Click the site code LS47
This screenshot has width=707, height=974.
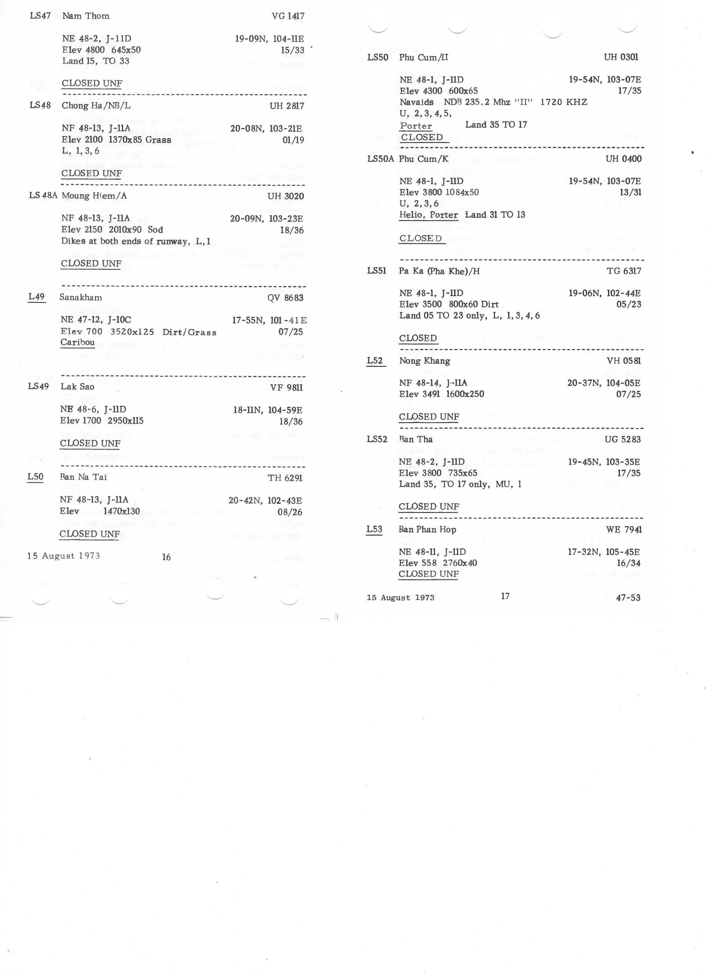coord(40,16)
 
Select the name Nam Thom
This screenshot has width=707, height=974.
coord(86,16)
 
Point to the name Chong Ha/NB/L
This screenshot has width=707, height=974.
coord(96,106)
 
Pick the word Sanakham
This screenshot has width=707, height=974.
coord(81,297)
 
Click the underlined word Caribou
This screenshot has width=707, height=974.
coord(77,342)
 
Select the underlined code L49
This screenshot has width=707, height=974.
coord(37,297)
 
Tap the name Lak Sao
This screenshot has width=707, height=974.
coord(77,386)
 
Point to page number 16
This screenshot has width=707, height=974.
coord(166,557)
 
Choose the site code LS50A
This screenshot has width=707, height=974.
coord(380,159)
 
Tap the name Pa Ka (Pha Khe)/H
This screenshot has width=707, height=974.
coord(439,271)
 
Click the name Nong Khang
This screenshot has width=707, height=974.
coord(424,361)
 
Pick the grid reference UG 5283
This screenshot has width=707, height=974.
coord(622,439)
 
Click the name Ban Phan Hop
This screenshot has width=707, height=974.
coord(427,530)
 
